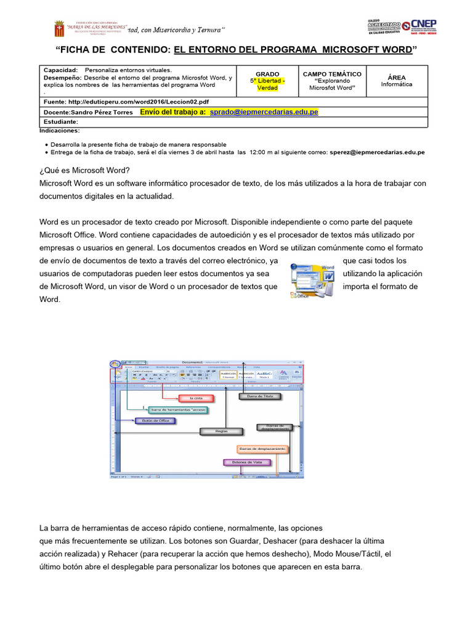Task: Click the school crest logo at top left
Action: coord(59,28)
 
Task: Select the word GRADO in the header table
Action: coord(267,74)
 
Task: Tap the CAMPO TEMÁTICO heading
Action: coord(332,74)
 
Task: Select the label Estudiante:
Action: coord(61,122)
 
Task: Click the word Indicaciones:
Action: coord(59,131)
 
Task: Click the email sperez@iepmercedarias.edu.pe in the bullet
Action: coord(377,152)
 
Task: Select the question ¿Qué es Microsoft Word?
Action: coord(85,170)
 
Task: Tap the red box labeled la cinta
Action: coord(196,399)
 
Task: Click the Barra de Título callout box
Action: coord(260,396)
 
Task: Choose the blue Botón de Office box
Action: coord(155,421)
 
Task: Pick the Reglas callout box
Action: coord(221,431)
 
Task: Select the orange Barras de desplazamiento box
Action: coord(262,448)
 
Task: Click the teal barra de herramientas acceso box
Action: coord(179,409)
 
